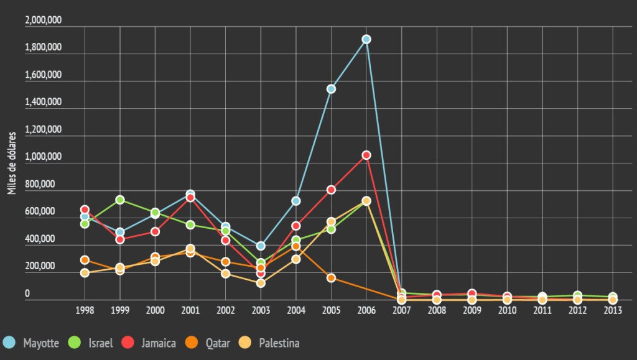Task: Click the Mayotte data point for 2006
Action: (366, 39)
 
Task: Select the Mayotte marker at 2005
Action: (332, 89)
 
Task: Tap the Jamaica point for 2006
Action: (366, 155)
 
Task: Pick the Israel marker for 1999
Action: (120, 200)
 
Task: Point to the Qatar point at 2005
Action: (332, 278)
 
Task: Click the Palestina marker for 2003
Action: (261, 283)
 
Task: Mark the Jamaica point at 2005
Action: (332, 190)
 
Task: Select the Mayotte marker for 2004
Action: (296, 201)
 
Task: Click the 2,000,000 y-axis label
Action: (43, 20)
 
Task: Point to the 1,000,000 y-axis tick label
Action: (43, 157)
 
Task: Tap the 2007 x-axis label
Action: (402, 310)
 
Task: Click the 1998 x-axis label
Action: (85, 310)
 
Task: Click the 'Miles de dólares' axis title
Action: (12, 162)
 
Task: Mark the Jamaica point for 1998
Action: (85, 210)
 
